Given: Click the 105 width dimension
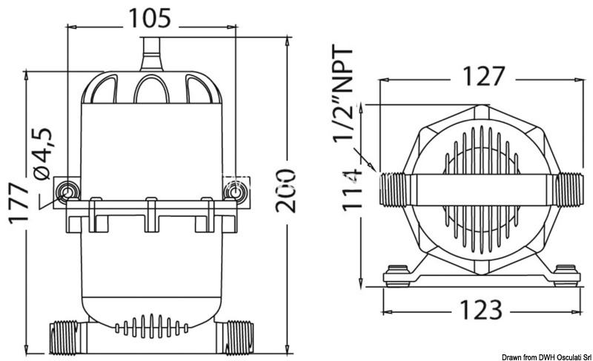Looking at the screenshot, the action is (x=150, y=18).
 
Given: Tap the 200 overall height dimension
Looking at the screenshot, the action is (x=285, y=191).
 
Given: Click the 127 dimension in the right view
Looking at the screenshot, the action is (x=483, y=76).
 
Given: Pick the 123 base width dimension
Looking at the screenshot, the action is (x=480, y=309).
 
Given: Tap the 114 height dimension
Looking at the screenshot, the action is (x=352, y=190).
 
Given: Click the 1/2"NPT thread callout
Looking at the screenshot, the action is (x=342, y=93).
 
